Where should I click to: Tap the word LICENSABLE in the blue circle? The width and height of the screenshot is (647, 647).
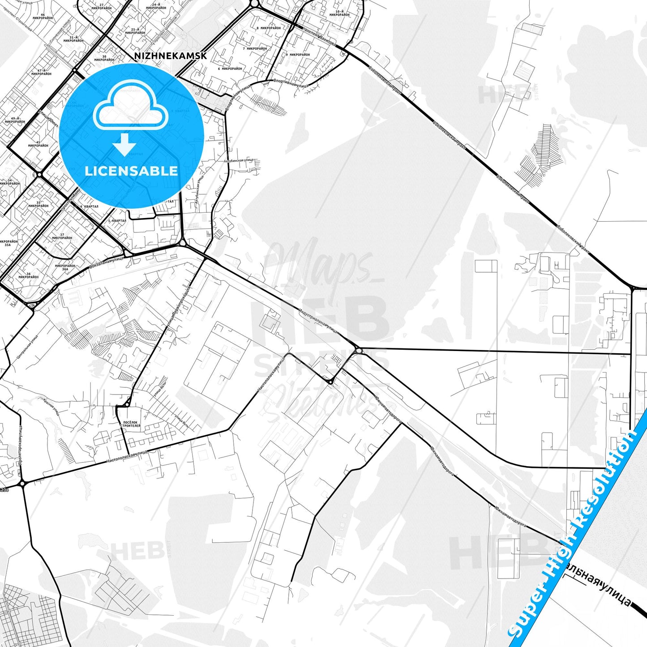[x=131, y=171]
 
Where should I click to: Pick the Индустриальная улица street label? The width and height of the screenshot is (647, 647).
[x=318, y=320]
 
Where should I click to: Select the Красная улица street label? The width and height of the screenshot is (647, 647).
[x=51, y=406]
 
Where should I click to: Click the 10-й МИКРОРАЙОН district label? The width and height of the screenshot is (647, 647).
[x=339, y=13]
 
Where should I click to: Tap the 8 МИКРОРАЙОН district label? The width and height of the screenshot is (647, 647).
[x=268, y=28]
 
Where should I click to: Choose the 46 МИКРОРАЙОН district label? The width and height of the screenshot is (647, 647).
[x=43, y=17]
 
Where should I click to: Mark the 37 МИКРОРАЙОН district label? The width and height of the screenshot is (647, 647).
[x=62, y=236]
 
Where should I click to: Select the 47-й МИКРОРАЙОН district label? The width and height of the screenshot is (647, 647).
[x=42, y=72]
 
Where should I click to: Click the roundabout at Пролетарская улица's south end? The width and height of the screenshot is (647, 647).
[x=22, y=484]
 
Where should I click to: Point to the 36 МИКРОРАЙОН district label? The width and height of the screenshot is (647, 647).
[x=28, y=275]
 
